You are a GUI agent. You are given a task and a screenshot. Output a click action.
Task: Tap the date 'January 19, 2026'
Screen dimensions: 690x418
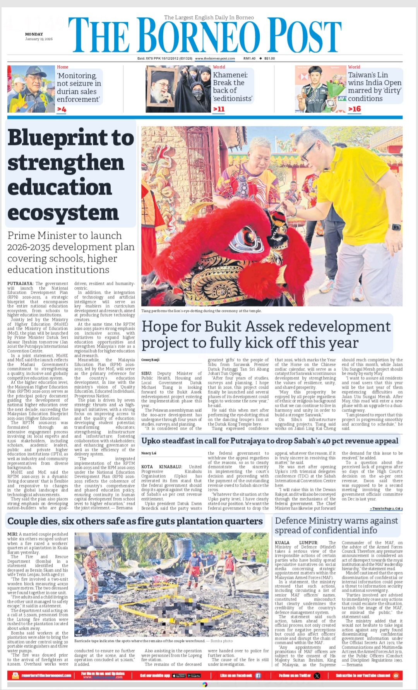tap(39, 39)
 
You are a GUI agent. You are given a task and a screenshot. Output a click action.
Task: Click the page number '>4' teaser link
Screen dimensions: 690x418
tap(62, 110)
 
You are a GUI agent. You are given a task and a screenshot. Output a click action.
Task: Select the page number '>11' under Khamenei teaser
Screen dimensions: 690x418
tap(219, 109)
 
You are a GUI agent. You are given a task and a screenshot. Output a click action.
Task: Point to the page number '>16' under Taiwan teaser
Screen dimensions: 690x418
tap(354, 109)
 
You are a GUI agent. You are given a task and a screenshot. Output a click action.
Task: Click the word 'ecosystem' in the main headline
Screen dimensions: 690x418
tap(63, 213)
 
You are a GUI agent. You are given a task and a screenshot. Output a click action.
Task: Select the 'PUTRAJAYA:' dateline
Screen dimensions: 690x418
tap(20, 284)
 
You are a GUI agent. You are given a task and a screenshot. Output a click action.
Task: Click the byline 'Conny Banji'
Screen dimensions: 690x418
tap(150, 360)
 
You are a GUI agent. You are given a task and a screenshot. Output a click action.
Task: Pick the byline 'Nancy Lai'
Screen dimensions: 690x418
tap(149, 453)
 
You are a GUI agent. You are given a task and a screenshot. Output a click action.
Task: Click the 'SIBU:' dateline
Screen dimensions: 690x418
tap(146, 374)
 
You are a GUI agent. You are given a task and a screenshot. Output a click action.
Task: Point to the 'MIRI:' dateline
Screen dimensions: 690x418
tap(12, 534)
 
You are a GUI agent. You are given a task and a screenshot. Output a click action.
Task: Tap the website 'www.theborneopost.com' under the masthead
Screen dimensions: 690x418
tap(215, 58)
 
